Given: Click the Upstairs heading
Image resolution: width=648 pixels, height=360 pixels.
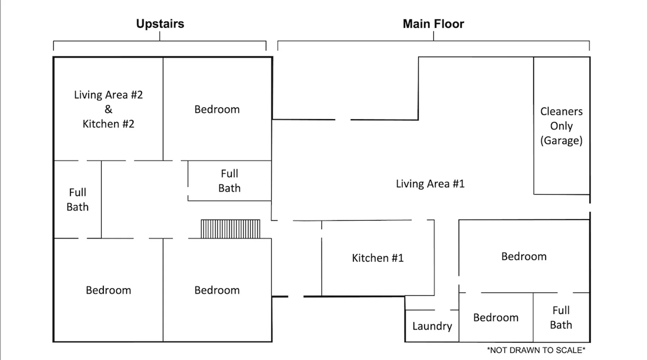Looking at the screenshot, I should click(x=160, y=24).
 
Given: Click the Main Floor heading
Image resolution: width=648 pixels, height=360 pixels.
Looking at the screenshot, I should click(x=433, y=24).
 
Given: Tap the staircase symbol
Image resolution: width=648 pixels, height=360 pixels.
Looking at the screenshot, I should click(x=230, y=229).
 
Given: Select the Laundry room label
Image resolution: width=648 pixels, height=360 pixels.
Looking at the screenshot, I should click(x=432, y=326).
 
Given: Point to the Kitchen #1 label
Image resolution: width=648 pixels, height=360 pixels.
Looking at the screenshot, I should click(x=378, y=258).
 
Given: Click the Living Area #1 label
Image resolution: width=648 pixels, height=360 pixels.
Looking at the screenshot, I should click(x=430, y=184).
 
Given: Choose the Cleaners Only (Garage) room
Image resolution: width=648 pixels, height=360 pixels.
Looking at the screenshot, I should click(x=561, y=126).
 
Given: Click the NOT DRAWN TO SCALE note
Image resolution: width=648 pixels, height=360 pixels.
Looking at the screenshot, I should click(x=536, y=350).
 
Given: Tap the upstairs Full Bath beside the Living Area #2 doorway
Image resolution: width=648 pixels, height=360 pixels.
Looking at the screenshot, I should click(x=77, y=200).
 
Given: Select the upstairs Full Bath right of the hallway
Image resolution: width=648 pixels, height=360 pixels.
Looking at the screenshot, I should click(x=229, y=181).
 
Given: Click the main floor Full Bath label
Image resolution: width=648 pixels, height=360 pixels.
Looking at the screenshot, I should click(x=561, y=318).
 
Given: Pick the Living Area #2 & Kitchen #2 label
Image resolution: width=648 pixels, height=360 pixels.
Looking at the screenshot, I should click(x=108, y=109).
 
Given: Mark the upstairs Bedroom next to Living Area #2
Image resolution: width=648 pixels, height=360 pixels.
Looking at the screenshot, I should click(x=217, y=109).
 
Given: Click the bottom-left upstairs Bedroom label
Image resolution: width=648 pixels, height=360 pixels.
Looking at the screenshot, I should click(x=108, y=290).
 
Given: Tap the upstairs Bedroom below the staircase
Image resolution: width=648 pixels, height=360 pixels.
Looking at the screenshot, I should click(x=217, y=290).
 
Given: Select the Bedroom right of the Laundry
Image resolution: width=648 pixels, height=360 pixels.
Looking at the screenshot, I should click(x=496, y=318).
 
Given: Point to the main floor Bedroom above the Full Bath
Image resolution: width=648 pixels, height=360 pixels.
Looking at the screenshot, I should click(x=524, y=256).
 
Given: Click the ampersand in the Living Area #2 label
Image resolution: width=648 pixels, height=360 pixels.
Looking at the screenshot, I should click(x=108, y=109).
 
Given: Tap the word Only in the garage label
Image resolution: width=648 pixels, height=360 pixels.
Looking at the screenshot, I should click(x=561, y=126).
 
